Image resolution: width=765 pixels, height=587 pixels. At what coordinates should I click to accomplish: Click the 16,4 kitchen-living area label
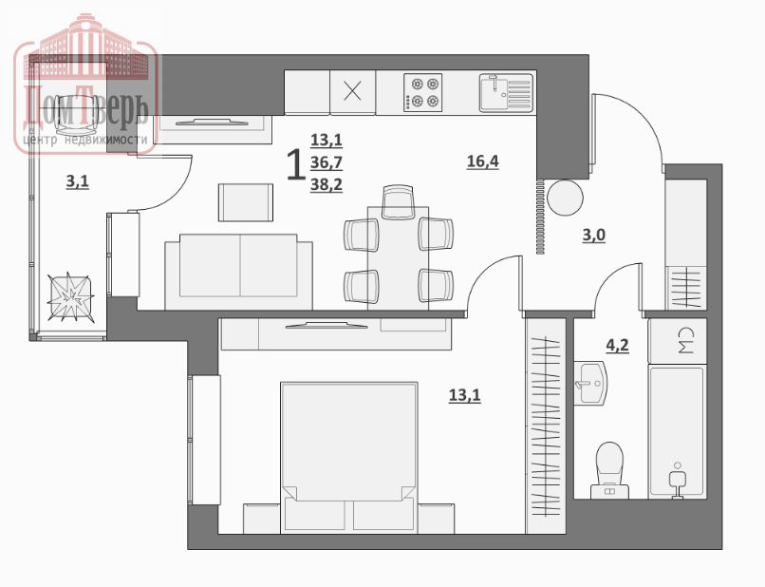[x=482, y=161]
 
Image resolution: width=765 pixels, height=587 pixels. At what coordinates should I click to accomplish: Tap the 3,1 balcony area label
[x=78, y=182]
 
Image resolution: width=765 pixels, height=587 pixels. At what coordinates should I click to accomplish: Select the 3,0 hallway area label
[x=594, y=236]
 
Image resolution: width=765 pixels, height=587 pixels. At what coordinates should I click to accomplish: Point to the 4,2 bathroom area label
[x=617, y=346]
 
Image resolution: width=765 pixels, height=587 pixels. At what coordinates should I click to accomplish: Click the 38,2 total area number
[x=327, y=184]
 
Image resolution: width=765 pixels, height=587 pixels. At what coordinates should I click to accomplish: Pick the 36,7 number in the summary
[x=327, y=162]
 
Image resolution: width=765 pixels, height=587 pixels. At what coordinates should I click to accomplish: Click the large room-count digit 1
[x=294, y=164]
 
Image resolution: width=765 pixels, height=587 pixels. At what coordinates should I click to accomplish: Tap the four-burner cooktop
[x=423, y=92]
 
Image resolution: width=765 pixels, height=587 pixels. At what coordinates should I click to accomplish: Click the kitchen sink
[x=506, y=92]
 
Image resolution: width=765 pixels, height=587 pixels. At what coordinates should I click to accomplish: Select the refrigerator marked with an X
[x=353, y=92]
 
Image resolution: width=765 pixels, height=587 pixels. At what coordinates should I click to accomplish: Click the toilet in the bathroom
[x=610, y=470]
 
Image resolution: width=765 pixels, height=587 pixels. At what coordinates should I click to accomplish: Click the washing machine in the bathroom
[x=677, y=341]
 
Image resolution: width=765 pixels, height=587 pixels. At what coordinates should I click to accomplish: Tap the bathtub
[x=677, y=432]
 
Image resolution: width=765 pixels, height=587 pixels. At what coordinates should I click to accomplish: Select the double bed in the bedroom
[x=349, y=458]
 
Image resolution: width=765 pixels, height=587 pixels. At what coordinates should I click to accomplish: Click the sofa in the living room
[x=238, y=272]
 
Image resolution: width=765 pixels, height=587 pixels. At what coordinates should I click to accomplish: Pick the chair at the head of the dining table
[x=398, y=201]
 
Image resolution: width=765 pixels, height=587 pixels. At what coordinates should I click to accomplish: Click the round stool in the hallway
[x=565, y=198]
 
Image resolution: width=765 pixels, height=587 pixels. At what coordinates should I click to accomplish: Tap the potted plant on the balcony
[x=71, y=297]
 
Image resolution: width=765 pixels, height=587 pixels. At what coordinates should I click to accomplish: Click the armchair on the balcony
[x=77, y=115]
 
